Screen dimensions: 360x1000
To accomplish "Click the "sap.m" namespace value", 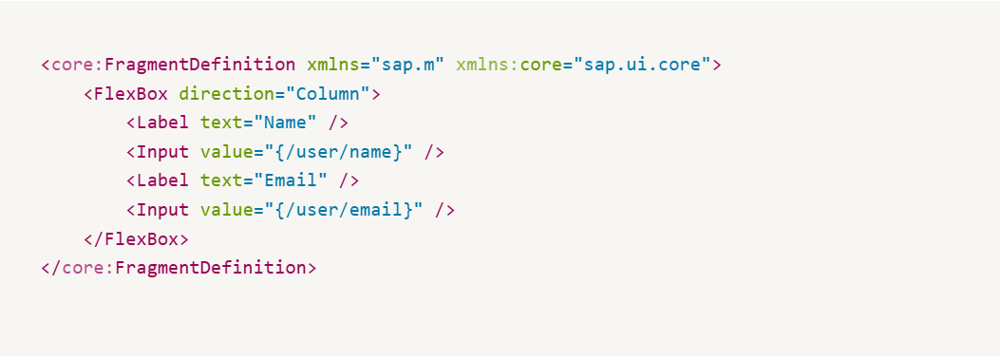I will click(407, 66).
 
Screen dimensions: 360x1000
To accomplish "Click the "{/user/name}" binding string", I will click(338, 152).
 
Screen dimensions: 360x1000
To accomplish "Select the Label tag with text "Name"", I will click(162, 123).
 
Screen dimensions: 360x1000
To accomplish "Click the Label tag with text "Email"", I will click(162, 180).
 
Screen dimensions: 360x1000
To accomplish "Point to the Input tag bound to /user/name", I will click(162, 152).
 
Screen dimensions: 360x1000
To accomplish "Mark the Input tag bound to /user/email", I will click(162, 210).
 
